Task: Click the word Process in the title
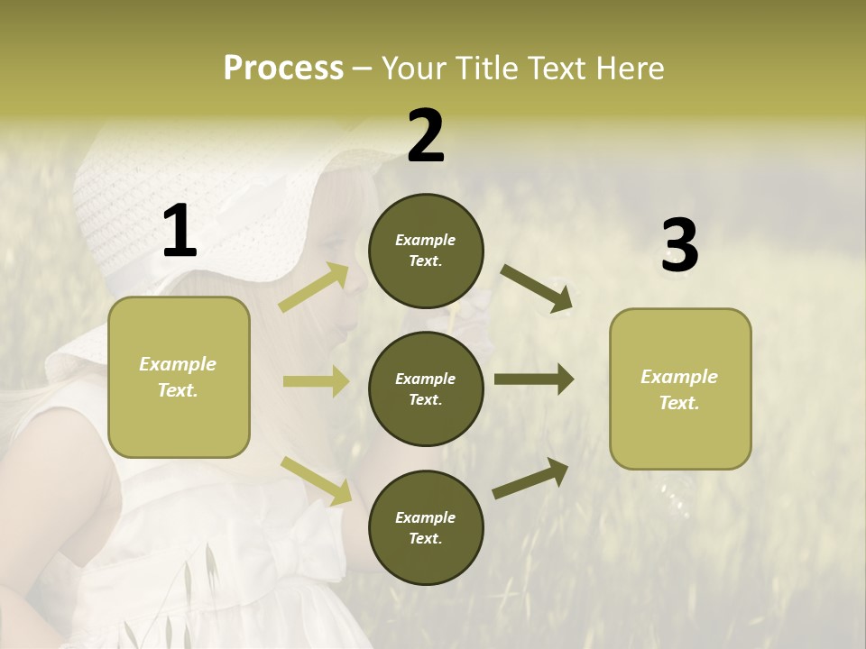click(283, 69)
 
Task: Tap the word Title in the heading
click(485, 69)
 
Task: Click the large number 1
click(180, 232)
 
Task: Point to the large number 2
click(426, 136)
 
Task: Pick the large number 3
click(679, 245)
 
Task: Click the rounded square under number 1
click(179, 377)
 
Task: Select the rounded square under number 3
click(680, 388)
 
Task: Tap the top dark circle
click(426, 251)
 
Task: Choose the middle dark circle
click(426, 388)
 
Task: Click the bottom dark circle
click(426, 527)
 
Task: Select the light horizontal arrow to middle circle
click(316, 381)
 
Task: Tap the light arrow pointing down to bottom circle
click(316, 480)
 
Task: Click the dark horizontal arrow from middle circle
click(533, 379)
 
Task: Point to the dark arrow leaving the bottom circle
click(530, 478)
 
